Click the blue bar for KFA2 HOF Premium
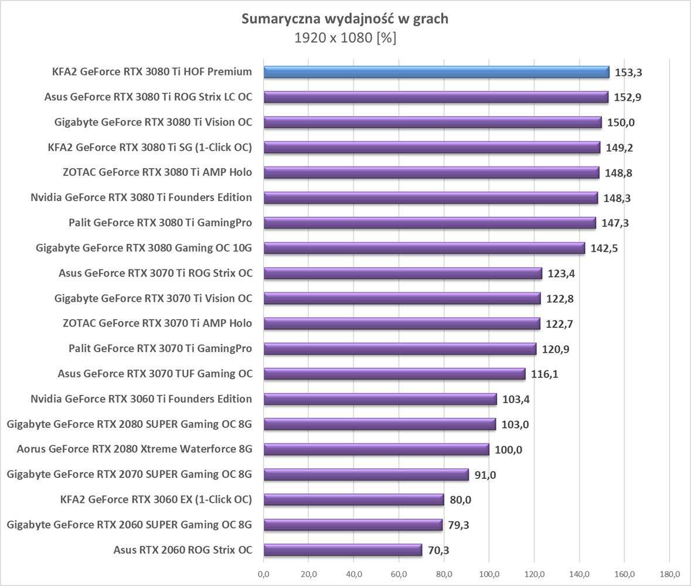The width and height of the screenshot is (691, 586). point(437,72)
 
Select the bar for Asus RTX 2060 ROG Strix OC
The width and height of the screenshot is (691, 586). point(343,550)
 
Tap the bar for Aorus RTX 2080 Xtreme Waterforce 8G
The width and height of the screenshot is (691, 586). point(376,449)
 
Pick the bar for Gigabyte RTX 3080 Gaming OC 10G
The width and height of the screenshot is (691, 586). point(424,248)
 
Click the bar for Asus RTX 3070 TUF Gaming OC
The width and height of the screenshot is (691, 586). point(394,374)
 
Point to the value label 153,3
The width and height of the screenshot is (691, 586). point(628,73)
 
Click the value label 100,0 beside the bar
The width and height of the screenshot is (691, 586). point(509,450)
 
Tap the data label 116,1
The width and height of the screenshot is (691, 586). point(545,374)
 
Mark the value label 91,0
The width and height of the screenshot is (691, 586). point(485,475)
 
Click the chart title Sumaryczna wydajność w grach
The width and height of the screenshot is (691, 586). point(345,19)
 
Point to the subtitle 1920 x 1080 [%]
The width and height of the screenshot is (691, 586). point(345,38)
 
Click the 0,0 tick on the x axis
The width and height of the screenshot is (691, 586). point(264,574)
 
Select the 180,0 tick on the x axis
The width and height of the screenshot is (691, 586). point(670,574)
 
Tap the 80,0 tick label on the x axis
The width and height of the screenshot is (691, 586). point(444,574)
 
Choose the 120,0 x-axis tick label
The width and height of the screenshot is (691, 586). point(535,574)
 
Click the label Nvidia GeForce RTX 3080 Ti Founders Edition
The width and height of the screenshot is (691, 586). point(141,197)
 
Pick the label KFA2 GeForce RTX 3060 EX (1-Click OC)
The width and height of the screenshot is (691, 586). point(156,499)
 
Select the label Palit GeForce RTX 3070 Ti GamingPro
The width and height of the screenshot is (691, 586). point(160,349)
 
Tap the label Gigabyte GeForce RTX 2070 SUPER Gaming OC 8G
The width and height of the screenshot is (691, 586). point(130,474)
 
